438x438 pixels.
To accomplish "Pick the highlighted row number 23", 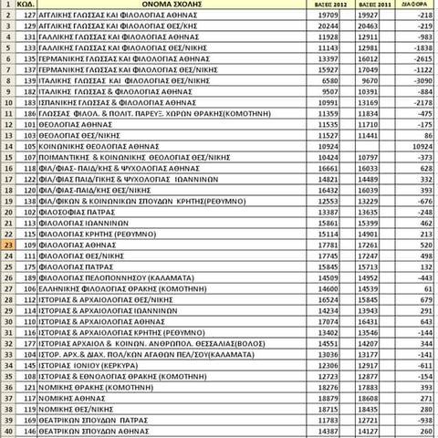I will click(7, 245).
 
